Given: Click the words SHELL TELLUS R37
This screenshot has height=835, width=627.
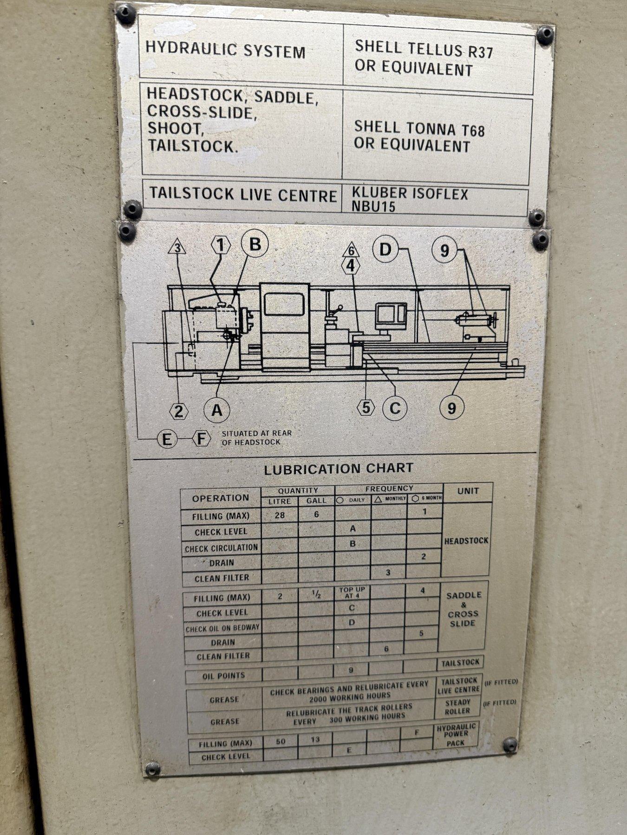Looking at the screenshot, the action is (424, 48).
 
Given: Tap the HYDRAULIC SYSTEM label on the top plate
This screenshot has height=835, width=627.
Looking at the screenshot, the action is (226, 50).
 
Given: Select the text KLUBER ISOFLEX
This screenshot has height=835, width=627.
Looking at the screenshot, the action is (410, 193).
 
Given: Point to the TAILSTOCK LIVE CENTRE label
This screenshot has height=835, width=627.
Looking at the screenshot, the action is (243, 194).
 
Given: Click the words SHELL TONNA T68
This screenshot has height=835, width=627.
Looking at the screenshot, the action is (419, 128).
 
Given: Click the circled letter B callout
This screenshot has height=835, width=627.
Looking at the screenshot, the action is (255, 244).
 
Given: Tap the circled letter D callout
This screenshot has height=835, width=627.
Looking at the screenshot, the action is (385, 250).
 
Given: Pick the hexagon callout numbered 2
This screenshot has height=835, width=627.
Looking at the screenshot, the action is (179, 411).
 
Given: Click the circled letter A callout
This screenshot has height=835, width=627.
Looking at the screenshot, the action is (217, 410).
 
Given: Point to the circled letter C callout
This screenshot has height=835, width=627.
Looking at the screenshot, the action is (395, 408).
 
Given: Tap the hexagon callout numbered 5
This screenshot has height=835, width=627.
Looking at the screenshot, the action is (366, 408).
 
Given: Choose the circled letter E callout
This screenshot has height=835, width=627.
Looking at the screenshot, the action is (167, 439).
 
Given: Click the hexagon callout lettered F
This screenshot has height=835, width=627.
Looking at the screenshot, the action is (201, 438).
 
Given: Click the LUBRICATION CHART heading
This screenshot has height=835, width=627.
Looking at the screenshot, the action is (339, 469).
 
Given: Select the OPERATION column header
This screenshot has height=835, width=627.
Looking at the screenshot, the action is (221, 498).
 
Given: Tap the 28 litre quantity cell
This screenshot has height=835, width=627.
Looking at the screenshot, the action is (280, 515).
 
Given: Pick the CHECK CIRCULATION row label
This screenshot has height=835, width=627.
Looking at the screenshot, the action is (221, 548).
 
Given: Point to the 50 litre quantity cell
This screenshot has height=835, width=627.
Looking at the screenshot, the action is (281, 741).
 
